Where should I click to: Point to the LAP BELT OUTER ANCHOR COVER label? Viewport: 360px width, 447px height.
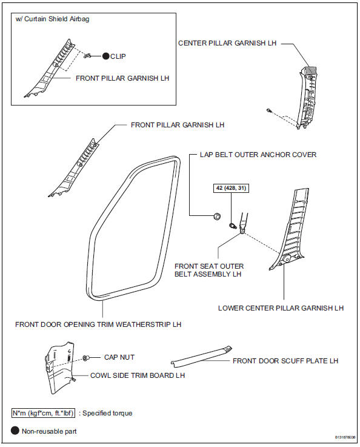pyautogui.click(x=258, y=155)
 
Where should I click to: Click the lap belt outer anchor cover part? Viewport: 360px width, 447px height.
pyautogui.click(x=216, y=215)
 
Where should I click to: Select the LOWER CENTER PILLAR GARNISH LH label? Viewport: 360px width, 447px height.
pyautogui.click(x=281, y=308)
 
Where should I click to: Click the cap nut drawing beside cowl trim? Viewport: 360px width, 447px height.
pyautogui.click(x=87, y=358)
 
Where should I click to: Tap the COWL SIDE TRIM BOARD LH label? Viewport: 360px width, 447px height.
pyautogui.click(x=138, y=375)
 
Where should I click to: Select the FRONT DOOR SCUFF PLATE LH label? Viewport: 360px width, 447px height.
pyautogui.click(x=285, y=361)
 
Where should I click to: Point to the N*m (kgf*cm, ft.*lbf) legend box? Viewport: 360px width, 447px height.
pyautogui.click(x=43, y=413)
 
